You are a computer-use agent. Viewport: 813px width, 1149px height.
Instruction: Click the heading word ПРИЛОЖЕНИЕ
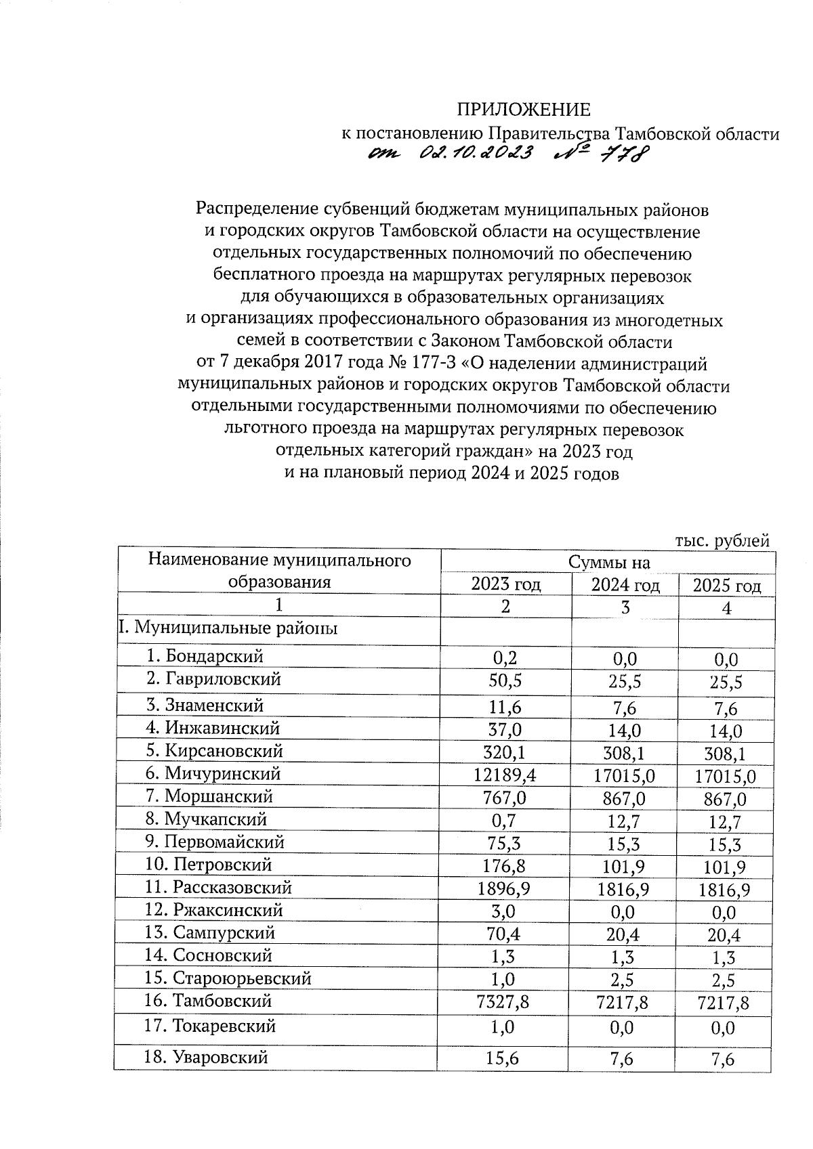(523, 110)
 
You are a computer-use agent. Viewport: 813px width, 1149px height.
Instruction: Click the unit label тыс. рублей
(722, 540)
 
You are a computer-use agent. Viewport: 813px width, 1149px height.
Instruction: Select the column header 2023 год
(505, 584)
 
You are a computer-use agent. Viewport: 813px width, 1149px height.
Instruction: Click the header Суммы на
(608, 562)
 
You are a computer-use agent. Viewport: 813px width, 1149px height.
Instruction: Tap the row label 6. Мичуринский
(213, 773)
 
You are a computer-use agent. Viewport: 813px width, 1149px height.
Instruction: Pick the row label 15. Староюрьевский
(228, 978)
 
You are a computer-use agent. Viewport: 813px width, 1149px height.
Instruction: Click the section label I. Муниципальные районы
(228, 628)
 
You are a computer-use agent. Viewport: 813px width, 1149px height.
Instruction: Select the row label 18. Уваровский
(207, 1057)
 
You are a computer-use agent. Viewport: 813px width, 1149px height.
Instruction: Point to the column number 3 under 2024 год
(625, 607)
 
